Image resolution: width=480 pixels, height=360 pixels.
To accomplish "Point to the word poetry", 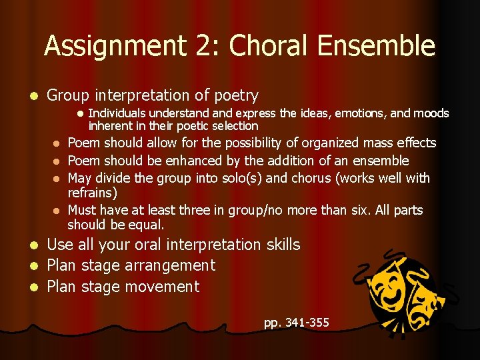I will (x=233, y=96).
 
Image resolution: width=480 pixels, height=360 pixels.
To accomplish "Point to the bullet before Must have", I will (x=57, y=210).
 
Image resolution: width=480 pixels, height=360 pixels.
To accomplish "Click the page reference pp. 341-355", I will (x=296, y=323).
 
